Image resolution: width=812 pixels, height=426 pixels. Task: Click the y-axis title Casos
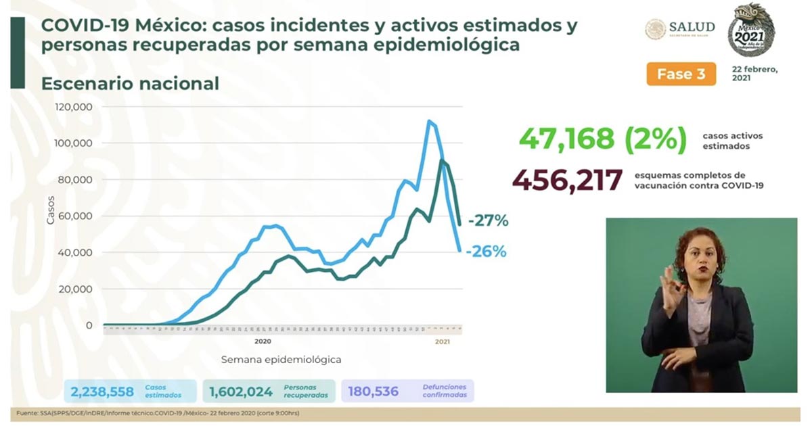tap(51, 209)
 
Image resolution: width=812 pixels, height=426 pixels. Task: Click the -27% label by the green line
tap(487, 220)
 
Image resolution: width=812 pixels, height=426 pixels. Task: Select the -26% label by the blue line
tap(485, 252)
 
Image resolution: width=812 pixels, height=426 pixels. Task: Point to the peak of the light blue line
tap(429, 122)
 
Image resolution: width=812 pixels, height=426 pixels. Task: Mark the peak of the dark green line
tap(441, 161)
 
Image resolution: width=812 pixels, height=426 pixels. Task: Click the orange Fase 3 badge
tap(681, 74)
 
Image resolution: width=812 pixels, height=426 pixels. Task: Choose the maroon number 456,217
tap(567, 180)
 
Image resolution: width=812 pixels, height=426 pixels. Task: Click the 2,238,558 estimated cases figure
tap(101, 392)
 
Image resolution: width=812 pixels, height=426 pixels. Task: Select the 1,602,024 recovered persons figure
tap(241, 392)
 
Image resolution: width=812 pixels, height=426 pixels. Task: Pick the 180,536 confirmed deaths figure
tap(372, 392)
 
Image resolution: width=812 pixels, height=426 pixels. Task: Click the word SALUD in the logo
tap(692, 27)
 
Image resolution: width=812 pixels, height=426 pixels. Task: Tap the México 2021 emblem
tap(751, 29)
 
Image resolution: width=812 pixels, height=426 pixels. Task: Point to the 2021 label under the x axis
tap(442, 342)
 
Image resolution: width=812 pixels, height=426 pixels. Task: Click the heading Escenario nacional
tap(130, 84)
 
